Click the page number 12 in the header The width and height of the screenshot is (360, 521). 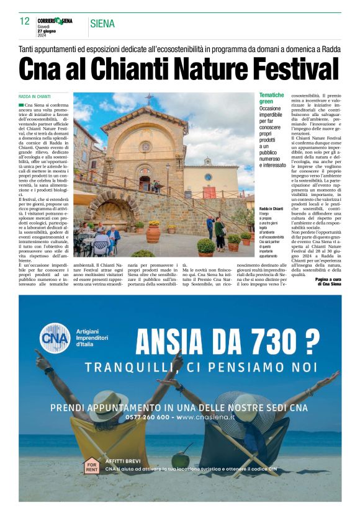pyautogui.click(x=24, y=21)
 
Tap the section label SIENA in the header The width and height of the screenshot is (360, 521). pyautogui.click(x=102, y=24)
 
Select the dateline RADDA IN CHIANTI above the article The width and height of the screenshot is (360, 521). pyautogui.click(x=35, y=97)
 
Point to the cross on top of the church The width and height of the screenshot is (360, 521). pyautogui.click(x=149, y=97)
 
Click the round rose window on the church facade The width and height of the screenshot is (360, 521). pyautogui.click(x=145, y=146)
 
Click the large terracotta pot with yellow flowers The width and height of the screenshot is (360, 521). pyautogui.click(x=153, y=232)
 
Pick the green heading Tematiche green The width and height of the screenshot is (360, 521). pyautogui.click(x=271, y=98)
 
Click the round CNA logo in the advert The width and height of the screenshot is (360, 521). pyautogui.click(x=55, y=339)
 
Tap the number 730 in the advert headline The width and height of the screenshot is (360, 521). pyautogui.click(x=277, y=340)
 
